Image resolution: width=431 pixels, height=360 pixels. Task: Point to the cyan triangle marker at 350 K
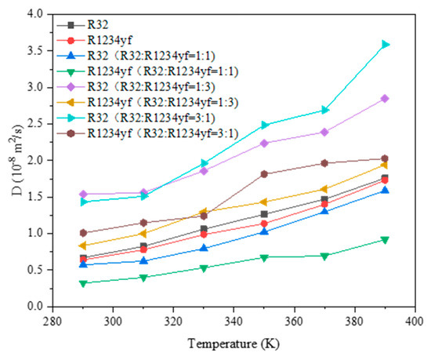click(x=264, y=125)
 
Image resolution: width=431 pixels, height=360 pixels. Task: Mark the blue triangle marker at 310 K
click(x=143, y=260)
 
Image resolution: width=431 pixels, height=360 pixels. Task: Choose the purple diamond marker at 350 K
click(x=264, y=143)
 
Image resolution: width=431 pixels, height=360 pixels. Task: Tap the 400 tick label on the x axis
click(x=415, y=321)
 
